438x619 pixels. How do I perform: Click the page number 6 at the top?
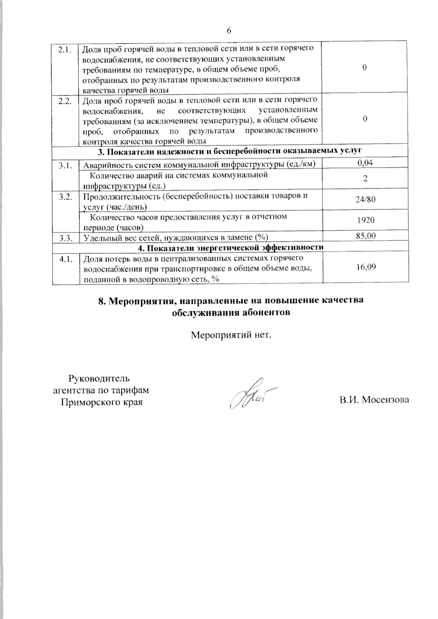pos(229,31)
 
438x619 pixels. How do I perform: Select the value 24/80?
pos(365,199)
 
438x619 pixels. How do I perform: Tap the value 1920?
pos(365,220)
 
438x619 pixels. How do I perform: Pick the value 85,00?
pos(365,236)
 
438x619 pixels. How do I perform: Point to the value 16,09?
pos(365,267)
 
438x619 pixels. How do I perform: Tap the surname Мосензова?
pos(384,400)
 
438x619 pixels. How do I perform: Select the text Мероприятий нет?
pos(231,334)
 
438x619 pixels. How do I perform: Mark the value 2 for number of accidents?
pos(365,179)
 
